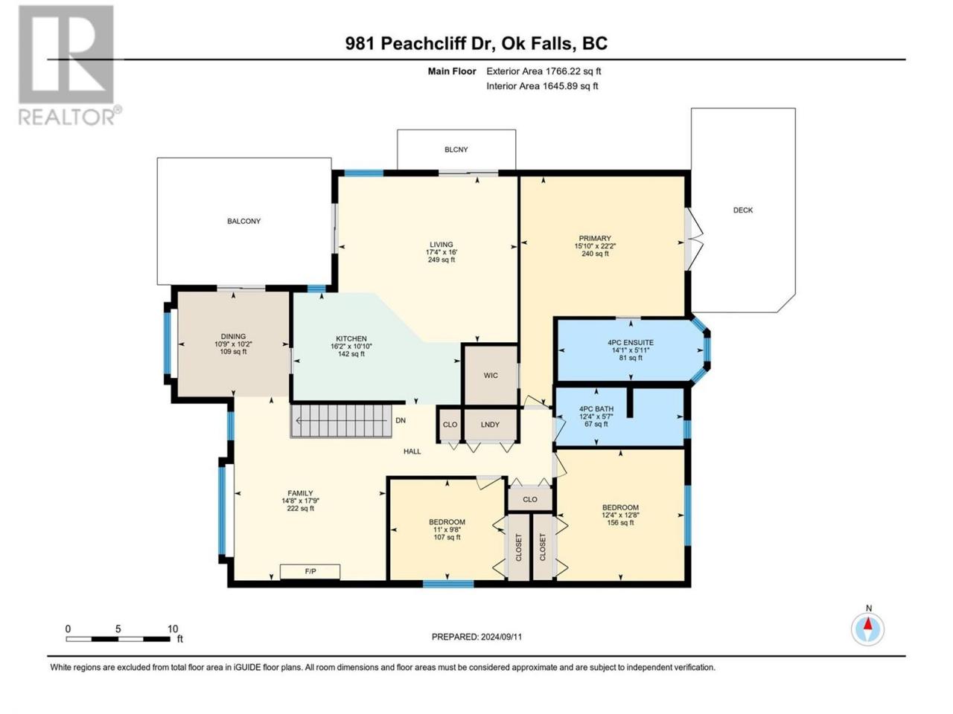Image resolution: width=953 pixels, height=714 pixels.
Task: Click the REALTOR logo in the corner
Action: pyautogui.click(x=69, y=65)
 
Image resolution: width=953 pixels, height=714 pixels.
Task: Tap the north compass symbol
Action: pyautogui.click(x=867, y=629)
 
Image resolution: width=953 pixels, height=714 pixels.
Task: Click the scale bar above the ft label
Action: pyautogui.click(x=118, y=639)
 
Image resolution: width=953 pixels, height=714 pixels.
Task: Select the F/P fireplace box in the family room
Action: pyautogui.click(x=310, y=571)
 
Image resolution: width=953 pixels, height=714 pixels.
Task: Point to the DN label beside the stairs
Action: pyautogui.click(x=401, y=420)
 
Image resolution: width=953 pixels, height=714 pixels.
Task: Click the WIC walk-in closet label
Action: pyautogui.click(x=491, y=376)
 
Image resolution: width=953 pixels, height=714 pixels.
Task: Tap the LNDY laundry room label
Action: pyautogui.click(x=490, y=425)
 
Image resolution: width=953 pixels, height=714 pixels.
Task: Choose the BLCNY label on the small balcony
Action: pyautogui.click(x=456, y=149)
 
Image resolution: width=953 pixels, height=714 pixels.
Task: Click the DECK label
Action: pyautogui.click(x=743, y=210)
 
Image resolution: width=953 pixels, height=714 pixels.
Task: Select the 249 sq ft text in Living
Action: pyautogui.click(x=442, y=260)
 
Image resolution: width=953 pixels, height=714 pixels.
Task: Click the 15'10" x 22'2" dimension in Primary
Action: pyautogui.click(x=595, y=245)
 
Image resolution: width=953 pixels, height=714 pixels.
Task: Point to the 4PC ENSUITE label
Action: pyautogui.click(x=631, y=342)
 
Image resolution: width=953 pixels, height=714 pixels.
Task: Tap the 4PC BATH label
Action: pyautogui.click(x=596, y=409)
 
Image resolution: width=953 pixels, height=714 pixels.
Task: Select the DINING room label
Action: pyautogui.click(x=233, y=336)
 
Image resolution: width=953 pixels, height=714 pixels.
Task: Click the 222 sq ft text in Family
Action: pyautogui.click(x=301, y=508)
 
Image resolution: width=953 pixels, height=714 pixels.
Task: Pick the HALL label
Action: pyautogui.click(x=412, y=451)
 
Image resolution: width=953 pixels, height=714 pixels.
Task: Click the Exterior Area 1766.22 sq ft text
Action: pyautogui.click(x=544, y=71)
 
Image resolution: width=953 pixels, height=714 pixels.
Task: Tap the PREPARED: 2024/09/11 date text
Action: pyautogui.click(x=476, y=637)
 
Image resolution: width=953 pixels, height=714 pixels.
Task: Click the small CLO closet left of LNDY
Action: pyautogui.click(x=450, y=425)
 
